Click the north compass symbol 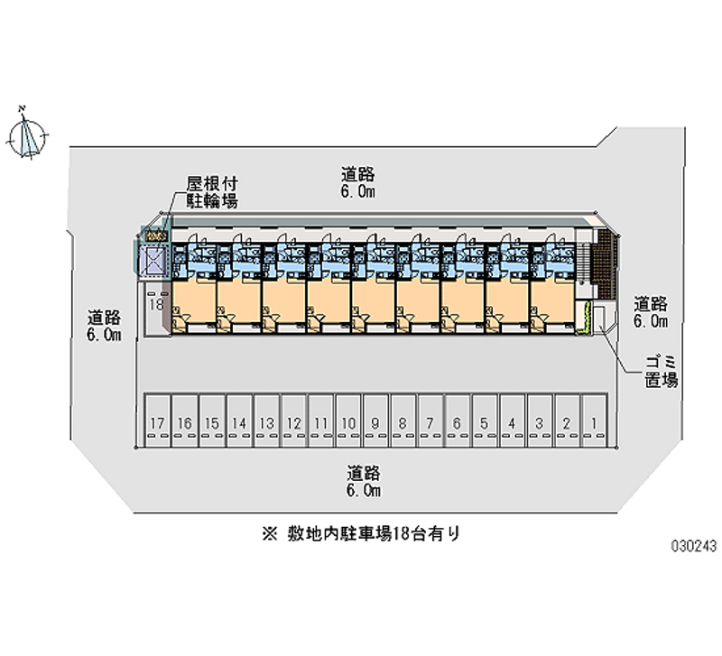pos(28,135)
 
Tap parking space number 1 pos(594,420)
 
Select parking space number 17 pos(158,420)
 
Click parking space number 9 pos(375,420)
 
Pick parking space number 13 pos(266,420)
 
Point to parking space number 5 pos(485,420)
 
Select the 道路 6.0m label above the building pos(357,182)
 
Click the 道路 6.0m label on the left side pos(105,326)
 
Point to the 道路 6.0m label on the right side pos(650,311)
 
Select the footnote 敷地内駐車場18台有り pos(360,533)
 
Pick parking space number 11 pos(321,420)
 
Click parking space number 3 pos(540,420)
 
